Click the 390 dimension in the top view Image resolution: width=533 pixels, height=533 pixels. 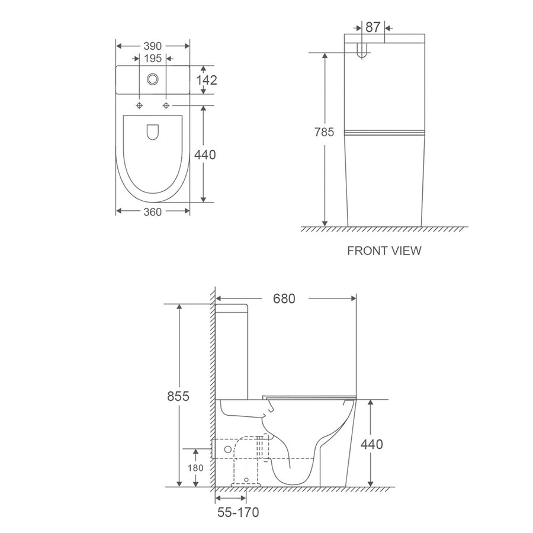tap(152, 46)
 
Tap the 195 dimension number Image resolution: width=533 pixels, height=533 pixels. tap(153, 59)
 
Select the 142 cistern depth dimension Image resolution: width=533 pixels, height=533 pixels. tap(206, 80)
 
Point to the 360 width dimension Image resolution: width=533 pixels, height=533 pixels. tap(152, 212)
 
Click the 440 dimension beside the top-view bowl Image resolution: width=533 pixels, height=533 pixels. tap(205, 155)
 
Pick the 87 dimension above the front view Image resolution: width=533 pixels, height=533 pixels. tap(373, 27)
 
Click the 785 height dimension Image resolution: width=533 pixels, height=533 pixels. tap(324, 132)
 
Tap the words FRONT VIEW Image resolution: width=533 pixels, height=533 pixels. tap(384, 251)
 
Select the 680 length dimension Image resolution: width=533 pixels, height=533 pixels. tap(284, 299)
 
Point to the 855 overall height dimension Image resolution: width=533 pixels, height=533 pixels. tap(178, 396)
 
